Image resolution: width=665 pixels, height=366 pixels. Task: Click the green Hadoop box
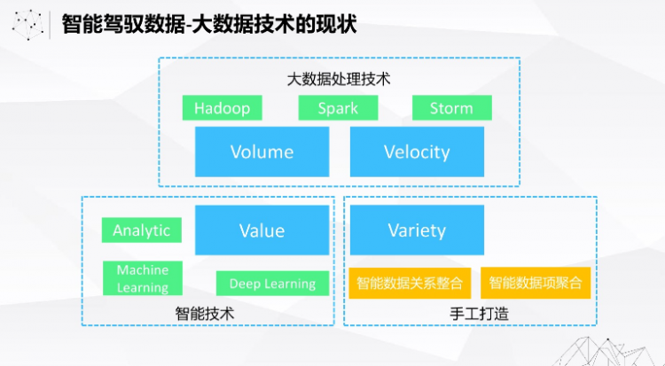(x=223, y=108)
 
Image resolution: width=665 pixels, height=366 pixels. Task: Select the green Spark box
(x=338, y=108)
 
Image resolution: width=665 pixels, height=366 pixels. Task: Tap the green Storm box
(x=452, y=108)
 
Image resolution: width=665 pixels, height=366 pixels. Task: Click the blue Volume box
(x=262, y=152)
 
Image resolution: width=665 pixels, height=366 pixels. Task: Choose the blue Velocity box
(x=417, y=152)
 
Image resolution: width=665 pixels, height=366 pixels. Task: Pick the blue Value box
(x=262, y=230)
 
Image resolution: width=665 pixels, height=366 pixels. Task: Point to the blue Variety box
(x=417, y=230)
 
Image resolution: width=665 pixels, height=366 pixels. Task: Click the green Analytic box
(x=142, y=230)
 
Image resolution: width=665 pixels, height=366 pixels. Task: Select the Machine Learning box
(x=143, y=278)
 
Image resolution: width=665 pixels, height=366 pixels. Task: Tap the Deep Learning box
(x=273, y=284)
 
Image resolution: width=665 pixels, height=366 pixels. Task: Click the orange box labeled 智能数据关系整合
(x=410, y=283)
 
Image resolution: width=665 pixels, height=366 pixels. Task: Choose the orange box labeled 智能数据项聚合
(x=536, y=283)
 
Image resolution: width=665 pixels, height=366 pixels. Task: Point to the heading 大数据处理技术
(x=339, y=79)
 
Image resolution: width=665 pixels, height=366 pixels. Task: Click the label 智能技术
(x=205, y=314)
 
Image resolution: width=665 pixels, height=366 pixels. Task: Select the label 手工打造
(x=479, y=314)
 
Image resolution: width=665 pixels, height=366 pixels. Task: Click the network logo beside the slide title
(x=28, y=25)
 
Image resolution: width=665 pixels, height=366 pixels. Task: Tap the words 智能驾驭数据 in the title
(x=123, y=24)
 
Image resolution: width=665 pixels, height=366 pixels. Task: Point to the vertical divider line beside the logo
(x=50, y=26)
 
